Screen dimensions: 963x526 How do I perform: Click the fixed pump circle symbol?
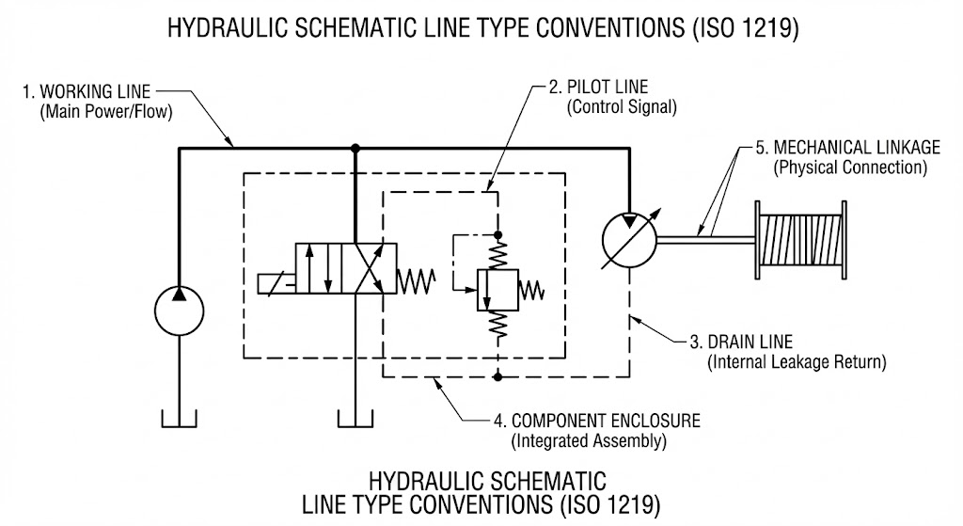click(x=179, y=311)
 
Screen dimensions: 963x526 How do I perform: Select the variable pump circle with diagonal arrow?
click(x=629, y=240)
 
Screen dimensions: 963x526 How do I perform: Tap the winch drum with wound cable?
click(x=801, y=240)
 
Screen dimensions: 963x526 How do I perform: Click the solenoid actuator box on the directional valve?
click(x=276, y=284)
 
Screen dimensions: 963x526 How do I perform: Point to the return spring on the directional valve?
click(x=417, y=282)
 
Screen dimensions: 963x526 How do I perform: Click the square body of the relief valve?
click(x=497, y=290)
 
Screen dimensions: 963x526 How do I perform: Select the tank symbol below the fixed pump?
click(x=179, y=419)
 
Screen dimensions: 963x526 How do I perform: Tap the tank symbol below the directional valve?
click(x=355, y=419)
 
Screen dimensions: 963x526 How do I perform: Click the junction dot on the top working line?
click(x=355, y=148)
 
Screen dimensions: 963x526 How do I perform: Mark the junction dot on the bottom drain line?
click(x=497, y=376)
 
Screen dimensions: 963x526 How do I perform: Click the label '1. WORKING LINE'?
click(x=87, y=92)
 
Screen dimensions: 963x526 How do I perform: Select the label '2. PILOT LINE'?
click(x=598, y=87)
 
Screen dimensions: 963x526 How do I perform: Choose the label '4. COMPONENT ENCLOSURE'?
click(x=597, y=421)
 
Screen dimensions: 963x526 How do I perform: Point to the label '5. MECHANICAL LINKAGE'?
click(x=847, y=148)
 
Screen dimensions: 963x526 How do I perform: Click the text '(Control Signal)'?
click(x=622, y=107)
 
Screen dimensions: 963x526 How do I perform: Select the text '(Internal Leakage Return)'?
click(x=797, y=362)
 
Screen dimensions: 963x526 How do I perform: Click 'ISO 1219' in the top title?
click(x=745, y=27)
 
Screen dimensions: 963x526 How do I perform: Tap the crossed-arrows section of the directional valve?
click(x=369, y=268)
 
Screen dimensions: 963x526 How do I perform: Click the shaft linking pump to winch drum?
click(x=706, y=240)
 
